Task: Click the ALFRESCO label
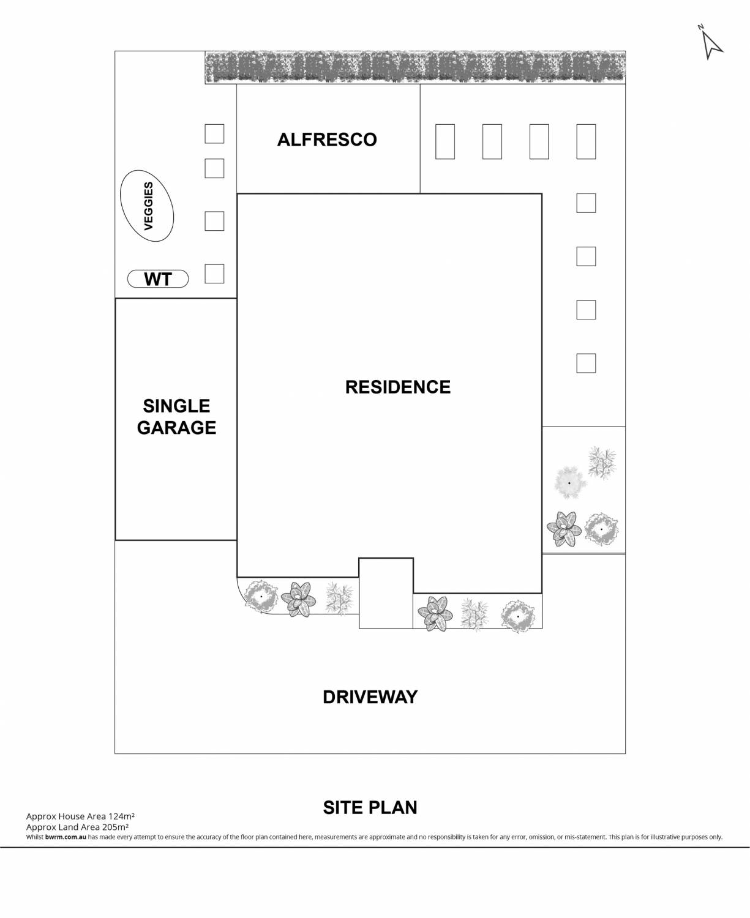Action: coord(327,140)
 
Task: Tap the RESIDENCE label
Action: coord(398,387)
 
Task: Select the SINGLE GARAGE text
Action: coord(176,417)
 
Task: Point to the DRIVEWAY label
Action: coord(370,697)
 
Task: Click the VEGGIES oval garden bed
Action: coord(147,206)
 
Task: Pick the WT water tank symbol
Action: coord(158,279)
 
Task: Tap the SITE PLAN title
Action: coord(370,807)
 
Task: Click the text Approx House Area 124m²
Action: coord(80,816)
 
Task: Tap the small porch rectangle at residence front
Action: coord(386,592)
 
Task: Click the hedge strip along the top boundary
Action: coord(415,67)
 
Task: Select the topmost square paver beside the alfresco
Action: coord(214,133)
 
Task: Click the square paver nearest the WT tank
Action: coord(214,274)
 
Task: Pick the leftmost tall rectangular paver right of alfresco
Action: coord(445,141)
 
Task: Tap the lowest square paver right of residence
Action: coord(586,363)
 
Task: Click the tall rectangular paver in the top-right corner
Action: coord(586,141)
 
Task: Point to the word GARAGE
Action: coord(176,427)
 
